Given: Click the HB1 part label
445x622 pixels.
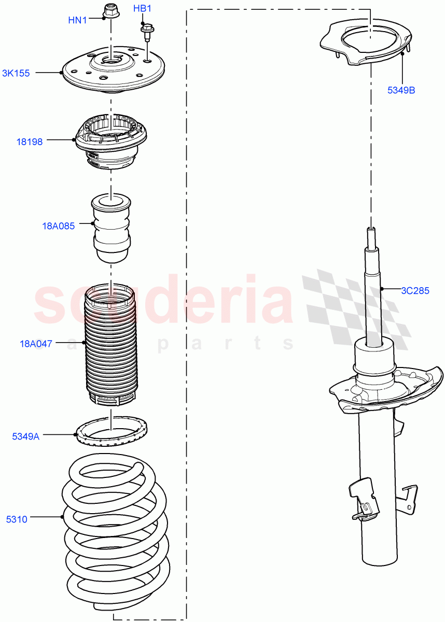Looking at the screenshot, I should [143, 9].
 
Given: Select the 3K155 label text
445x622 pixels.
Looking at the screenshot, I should [16, 74].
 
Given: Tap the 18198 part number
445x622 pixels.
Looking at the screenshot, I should [30, 141].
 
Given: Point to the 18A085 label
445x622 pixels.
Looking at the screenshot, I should [59, 226].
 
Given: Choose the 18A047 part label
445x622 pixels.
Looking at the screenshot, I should [36, 343].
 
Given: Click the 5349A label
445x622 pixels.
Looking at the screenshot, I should [26, 436].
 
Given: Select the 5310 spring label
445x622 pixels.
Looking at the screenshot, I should [17, 518].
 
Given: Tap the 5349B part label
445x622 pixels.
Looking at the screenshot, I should [401, 90].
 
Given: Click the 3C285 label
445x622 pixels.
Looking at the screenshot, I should [415, 291].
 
